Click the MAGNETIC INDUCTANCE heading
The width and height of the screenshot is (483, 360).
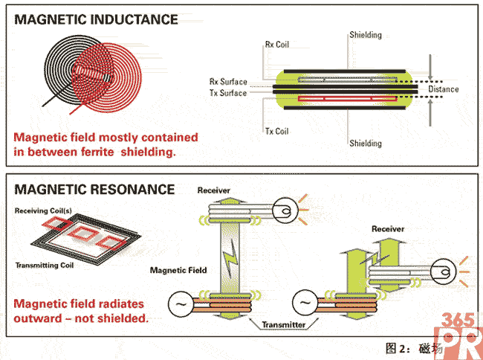tap(97, 20)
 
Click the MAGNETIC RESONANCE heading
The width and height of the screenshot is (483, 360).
tap(94, 190)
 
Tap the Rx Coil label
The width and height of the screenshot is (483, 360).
tap(276, 45)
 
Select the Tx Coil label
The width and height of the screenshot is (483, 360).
tap(276, 132)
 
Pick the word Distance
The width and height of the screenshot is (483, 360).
tap(444, 89)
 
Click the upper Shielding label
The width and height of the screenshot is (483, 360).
tap(365, 35)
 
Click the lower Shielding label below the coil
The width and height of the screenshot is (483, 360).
tap(365, 143)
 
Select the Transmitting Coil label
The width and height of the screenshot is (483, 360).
tap(45, 266)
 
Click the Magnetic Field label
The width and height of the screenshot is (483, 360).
tap(179, 270)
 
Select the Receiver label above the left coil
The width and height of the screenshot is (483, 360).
tap(214, 191)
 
